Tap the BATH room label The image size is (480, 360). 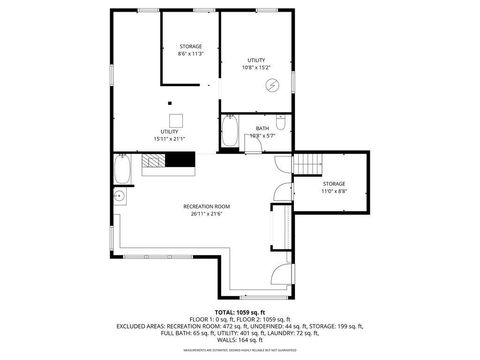point(262,128)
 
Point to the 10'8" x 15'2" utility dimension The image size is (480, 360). point(256,68)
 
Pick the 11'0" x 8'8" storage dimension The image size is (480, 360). point(333,190)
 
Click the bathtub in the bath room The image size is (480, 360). point(230,133)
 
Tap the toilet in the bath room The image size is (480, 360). point(283,124)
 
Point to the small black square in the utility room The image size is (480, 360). point(171,102)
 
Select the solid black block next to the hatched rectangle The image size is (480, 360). point(180,160)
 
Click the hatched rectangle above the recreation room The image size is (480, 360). point(153,160)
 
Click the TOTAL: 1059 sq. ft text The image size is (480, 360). point(240,311)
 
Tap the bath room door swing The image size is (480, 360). point(254,143)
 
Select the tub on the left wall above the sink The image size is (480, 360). point(122,169)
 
